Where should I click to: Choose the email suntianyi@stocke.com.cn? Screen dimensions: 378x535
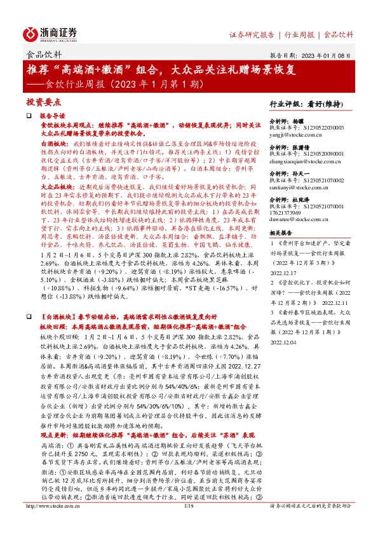point(299,188)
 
